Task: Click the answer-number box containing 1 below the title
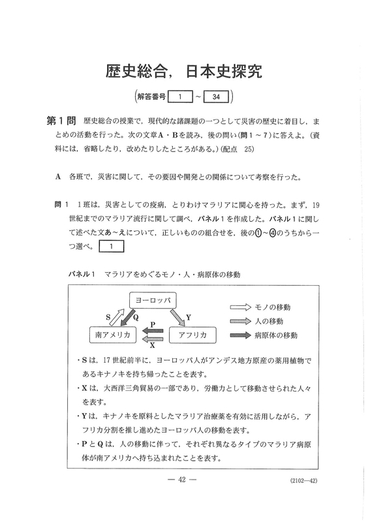(177, 97)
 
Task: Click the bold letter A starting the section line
(59, 177)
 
